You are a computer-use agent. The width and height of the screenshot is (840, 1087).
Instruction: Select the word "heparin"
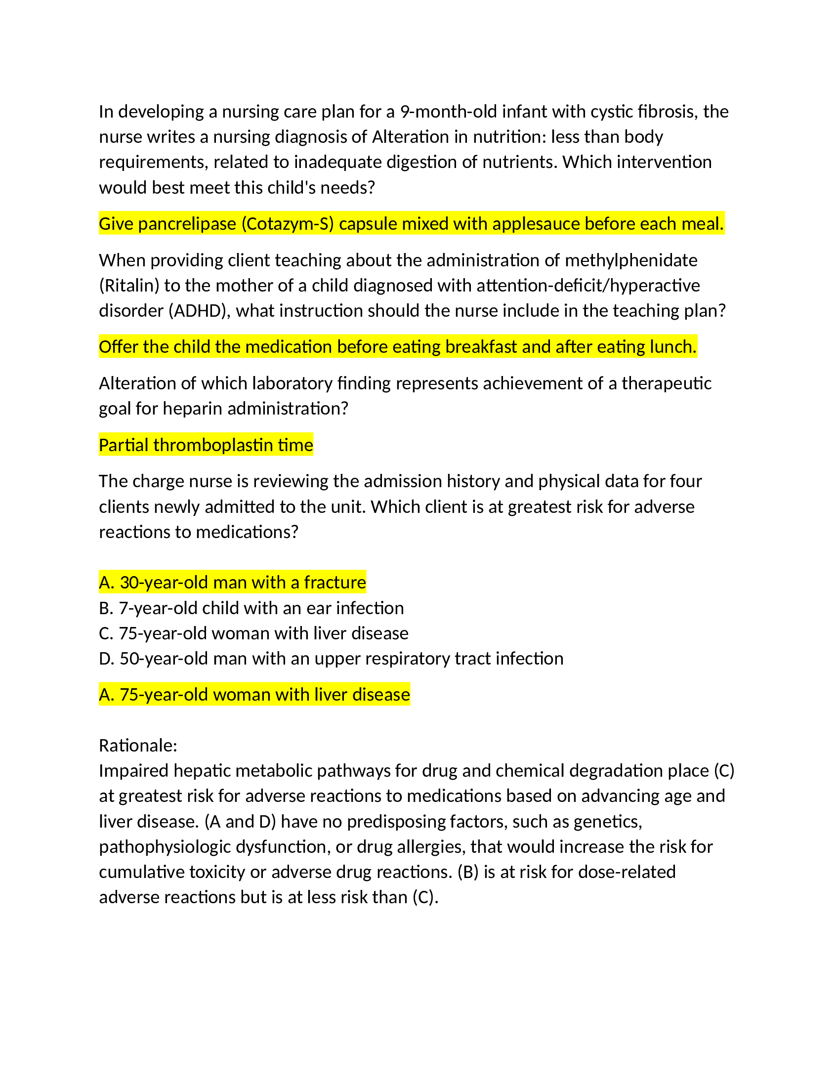tap(193, 409)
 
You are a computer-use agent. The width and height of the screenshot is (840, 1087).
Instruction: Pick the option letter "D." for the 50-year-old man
tap(107, 659)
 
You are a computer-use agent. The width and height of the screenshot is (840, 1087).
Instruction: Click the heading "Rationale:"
tap(138, 746)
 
